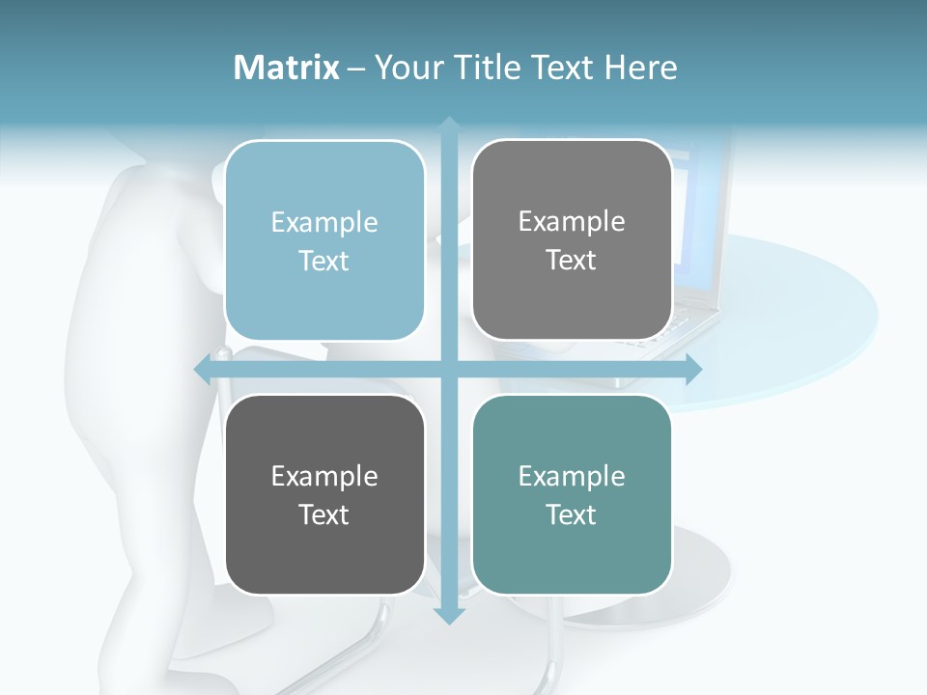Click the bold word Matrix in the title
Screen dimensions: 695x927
(287, 68)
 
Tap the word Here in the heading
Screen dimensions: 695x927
(640, 68)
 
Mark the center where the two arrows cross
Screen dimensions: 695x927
(449, 369)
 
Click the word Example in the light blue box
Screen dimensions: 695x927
(324, 223)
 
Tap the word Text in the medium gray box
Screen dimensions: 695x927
(572, 261)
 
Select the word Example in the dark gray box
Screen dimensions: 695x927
(324, 477)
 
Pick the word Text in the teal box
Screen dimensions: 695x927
(572, 514)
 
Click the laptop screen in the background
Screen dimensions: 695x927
(700, 222)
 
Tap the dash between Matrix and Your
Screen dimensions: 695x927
(356, 69)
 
